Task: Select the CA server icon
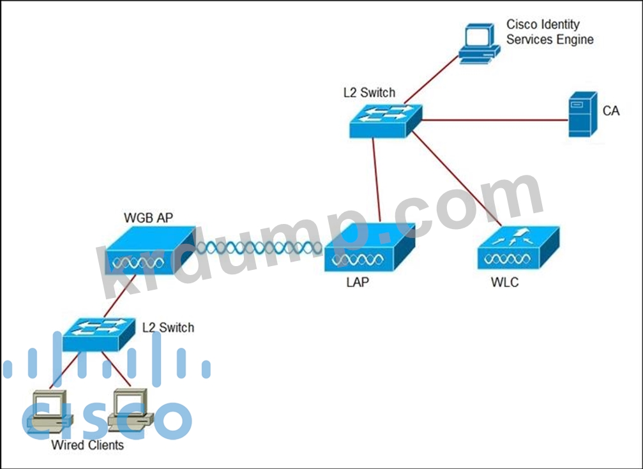583,114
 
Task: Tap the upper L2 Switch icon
386,121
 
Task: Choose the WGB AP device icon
148,254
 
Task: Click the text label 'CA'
611,111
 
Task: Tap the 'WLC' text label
504,282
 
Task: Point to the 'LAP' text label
357,282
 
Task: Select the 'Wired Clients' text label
87,445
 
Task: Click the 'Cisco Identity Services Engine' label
549,32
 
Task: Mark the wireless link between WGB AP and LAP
258,247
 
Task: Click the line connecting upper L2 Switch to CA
495,119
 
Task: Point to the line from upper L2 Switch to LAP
377,182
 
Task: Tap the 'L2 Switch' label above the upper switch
368,93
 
